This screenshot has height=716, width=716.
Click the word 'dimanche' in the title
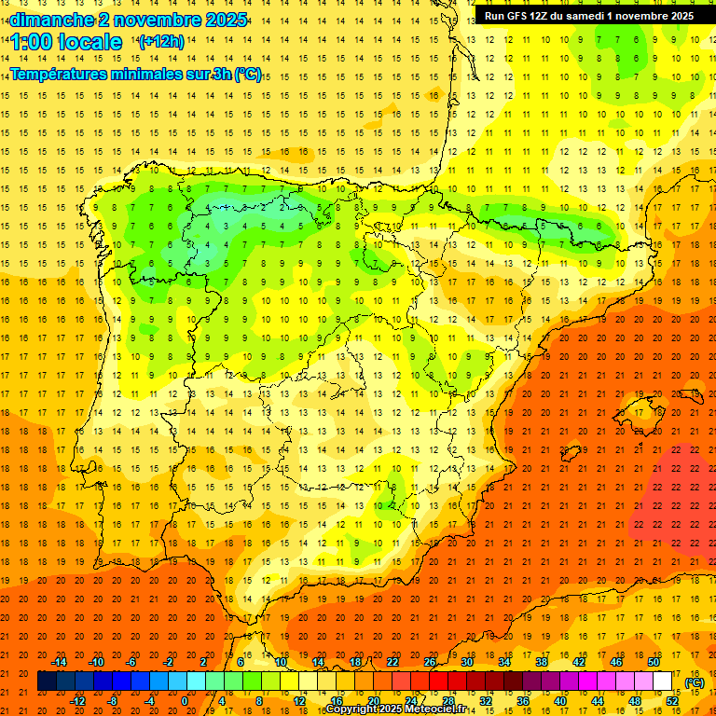[x=47, y=20]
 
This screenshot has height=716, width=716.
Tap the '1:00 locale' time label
[x=66, y=42]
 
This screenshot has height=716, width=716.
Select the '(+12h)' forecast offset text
[x=161, y=41]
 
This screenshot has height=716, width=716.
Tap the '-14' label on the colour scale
[x=59, y=662]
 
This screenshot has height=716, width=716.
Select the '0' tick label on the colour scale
[x=185, y=700]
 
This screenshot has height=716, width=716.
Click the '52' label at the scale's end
[x=672, y=700]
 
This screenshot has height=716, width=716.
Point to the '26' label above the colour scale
[x=430, y=662]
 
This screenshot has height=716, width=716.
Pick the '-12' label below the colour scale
[x=77, y=700]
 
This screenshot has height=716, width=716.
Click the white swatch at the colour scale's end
[x=663, y=682]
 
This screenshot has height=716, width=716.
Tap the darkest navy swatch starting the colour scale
[x=47, y=682]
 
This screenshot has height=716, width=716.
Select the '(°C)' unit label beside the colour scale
[x=695, y=682]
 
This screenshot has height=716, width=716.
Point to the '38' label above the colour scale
[x=542, y=662]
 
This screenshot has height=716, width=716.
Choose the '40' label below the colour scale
[x=560, y=700]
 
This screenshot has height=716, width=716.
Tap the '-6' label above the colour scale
[x=132, y=662]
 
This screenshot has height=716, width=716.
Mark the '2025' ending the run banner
[x=679, y=16]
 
